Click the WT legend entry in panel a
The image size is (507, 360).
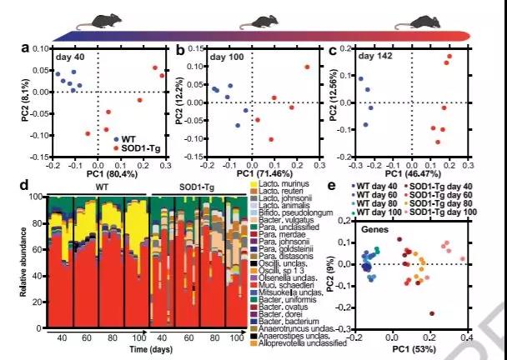(x=123, y=138)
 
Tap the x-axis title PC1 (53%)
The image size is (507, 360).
(x=411, y=350)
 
